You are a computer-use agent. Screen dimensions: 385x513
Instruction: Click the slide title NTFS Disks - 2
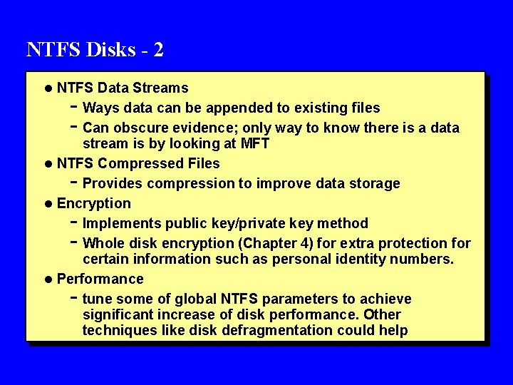point(95,49)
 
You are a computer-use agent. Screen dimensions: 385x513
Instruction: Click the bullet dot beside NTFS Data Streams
point(47,88)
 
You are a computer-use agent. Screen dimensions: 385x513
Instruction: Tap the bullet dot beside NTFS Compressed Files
point(47,164)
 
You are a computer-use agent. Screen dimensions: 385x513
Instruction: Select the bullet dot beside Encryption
point(47,204)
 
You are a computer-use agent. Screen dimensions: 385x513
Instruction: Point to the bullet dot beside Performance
point(47,279)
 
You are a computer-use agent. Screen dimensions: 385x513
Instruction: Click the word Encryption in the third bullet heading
point(94,204)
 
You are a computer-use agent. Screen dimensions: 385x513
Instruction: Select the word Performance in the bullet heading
point(100,279)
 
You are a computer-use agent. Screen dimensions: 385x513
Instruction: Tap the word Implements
point(122,224)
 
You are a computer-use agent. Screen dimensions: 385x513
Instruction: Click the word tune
point(97,299)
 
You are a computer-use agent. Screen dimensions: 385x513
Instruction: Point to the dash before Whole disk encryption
point(75,242)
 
